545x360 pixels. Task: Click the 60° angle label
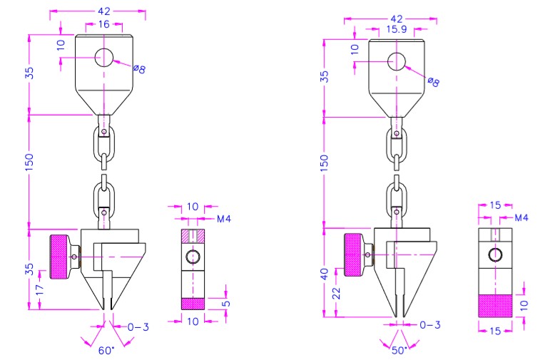point(106,350)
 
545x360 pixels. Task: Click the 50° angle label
point(399,350)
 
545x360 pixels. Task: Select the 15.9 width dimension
point(397,29)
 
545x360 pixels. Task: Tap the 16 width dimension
point(104,24)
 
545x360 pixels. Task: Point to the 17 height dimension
point(40,289)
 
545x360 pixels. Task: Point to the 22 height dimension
point(337,293)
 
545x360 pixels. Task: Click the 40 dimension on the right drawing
point(324,274)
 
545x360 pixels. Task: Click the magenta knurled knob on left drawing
point(60,257)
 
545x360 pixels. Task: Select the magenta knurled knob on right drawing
point(354,254)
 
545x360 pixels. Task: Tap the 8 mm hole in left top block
point(104,57)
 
